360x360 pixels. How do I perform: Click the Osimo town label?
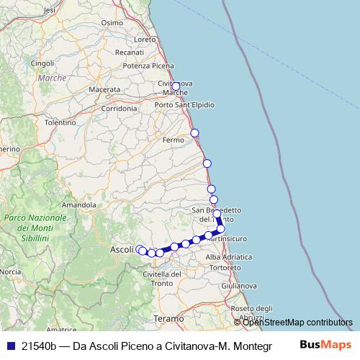113,22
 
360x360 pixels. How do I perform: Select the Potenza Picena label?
149,66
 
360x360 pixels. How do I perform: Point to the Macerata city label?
104,89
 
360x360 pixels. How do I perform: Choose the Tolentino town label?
60,123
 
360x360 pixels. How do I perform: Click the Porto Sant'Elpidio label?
185,105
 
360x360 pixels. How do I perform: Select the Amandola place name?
78,205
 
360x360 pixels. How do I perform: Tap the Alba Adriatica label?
228,256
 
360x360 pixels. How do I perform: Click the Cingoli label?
43,63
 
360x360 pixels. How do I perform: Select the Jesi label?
50,11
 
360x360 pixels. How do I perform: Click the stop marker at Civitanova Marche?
176,86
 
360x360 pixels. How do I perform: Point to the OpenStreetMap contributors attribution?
295,322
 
